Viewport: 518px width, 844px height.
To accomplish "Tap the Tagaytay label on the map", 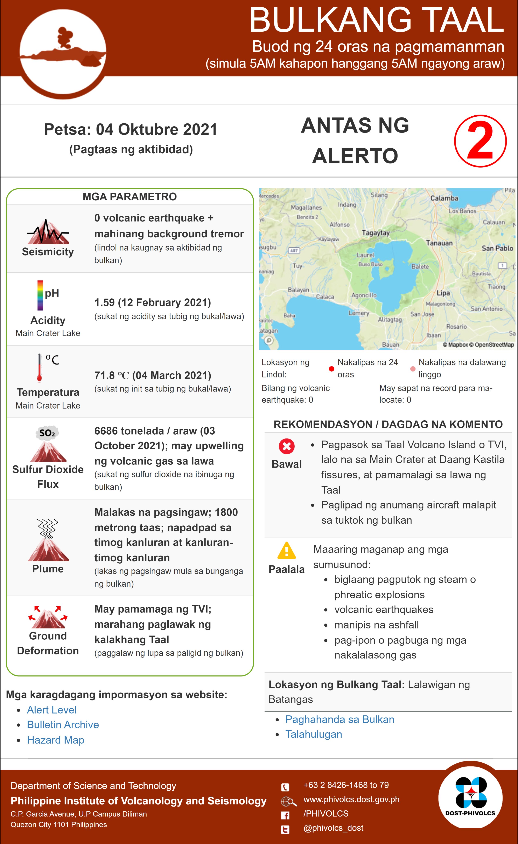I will click(376, 233).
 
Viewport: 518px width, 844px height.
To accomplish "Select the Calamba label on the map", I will click(444, 198).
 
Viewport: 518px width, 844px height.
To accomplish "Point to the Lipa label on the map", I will click(443, 293).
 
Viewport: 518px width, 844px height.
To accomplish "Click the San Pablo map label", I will click(497, 248).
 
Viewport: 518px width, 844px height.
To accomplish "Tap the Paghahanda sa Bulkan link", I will click(339, 719).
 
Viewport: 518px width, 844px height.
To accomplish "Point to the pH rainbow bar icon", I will click(40, 295).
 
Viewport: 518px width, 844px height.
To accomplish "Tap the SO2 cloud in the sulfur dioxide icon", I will click(47, 433).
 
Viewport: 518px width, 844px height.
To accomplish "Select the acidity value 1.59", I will click(104, 302).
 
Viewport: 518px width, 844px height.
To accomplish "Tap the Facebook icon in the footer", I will click(285, 815).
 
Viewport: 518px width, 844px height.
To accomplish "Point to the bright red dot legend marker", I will click(331, 369).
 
